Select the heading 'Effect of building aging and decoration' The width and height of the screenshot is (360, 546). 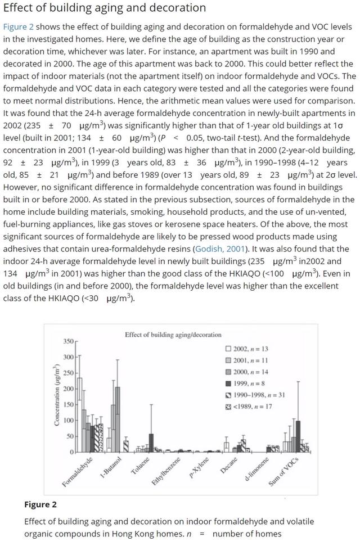click(x=104, y=8)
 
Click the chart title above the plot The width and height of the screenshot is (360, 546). click(x=173, y=335)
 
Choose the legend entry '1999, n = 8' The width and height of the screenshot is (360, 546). click(x=247, y=383)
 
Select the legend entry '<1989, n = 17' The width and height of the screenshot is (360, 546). click(x=250, y=406)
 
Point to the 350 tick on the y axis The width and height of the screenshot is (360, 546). click(x=68, y=341)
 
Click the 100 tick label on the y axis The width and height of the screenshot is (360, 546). click(x=68, y=420)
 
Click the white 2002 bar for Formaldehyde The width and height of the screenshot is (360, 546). click(x=80, y=414)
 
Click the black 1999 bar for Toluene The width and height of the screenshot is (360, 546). click(x=151, y=443)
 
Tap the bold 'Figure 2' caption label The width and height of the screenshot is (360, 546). click(x=40, y=504)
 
